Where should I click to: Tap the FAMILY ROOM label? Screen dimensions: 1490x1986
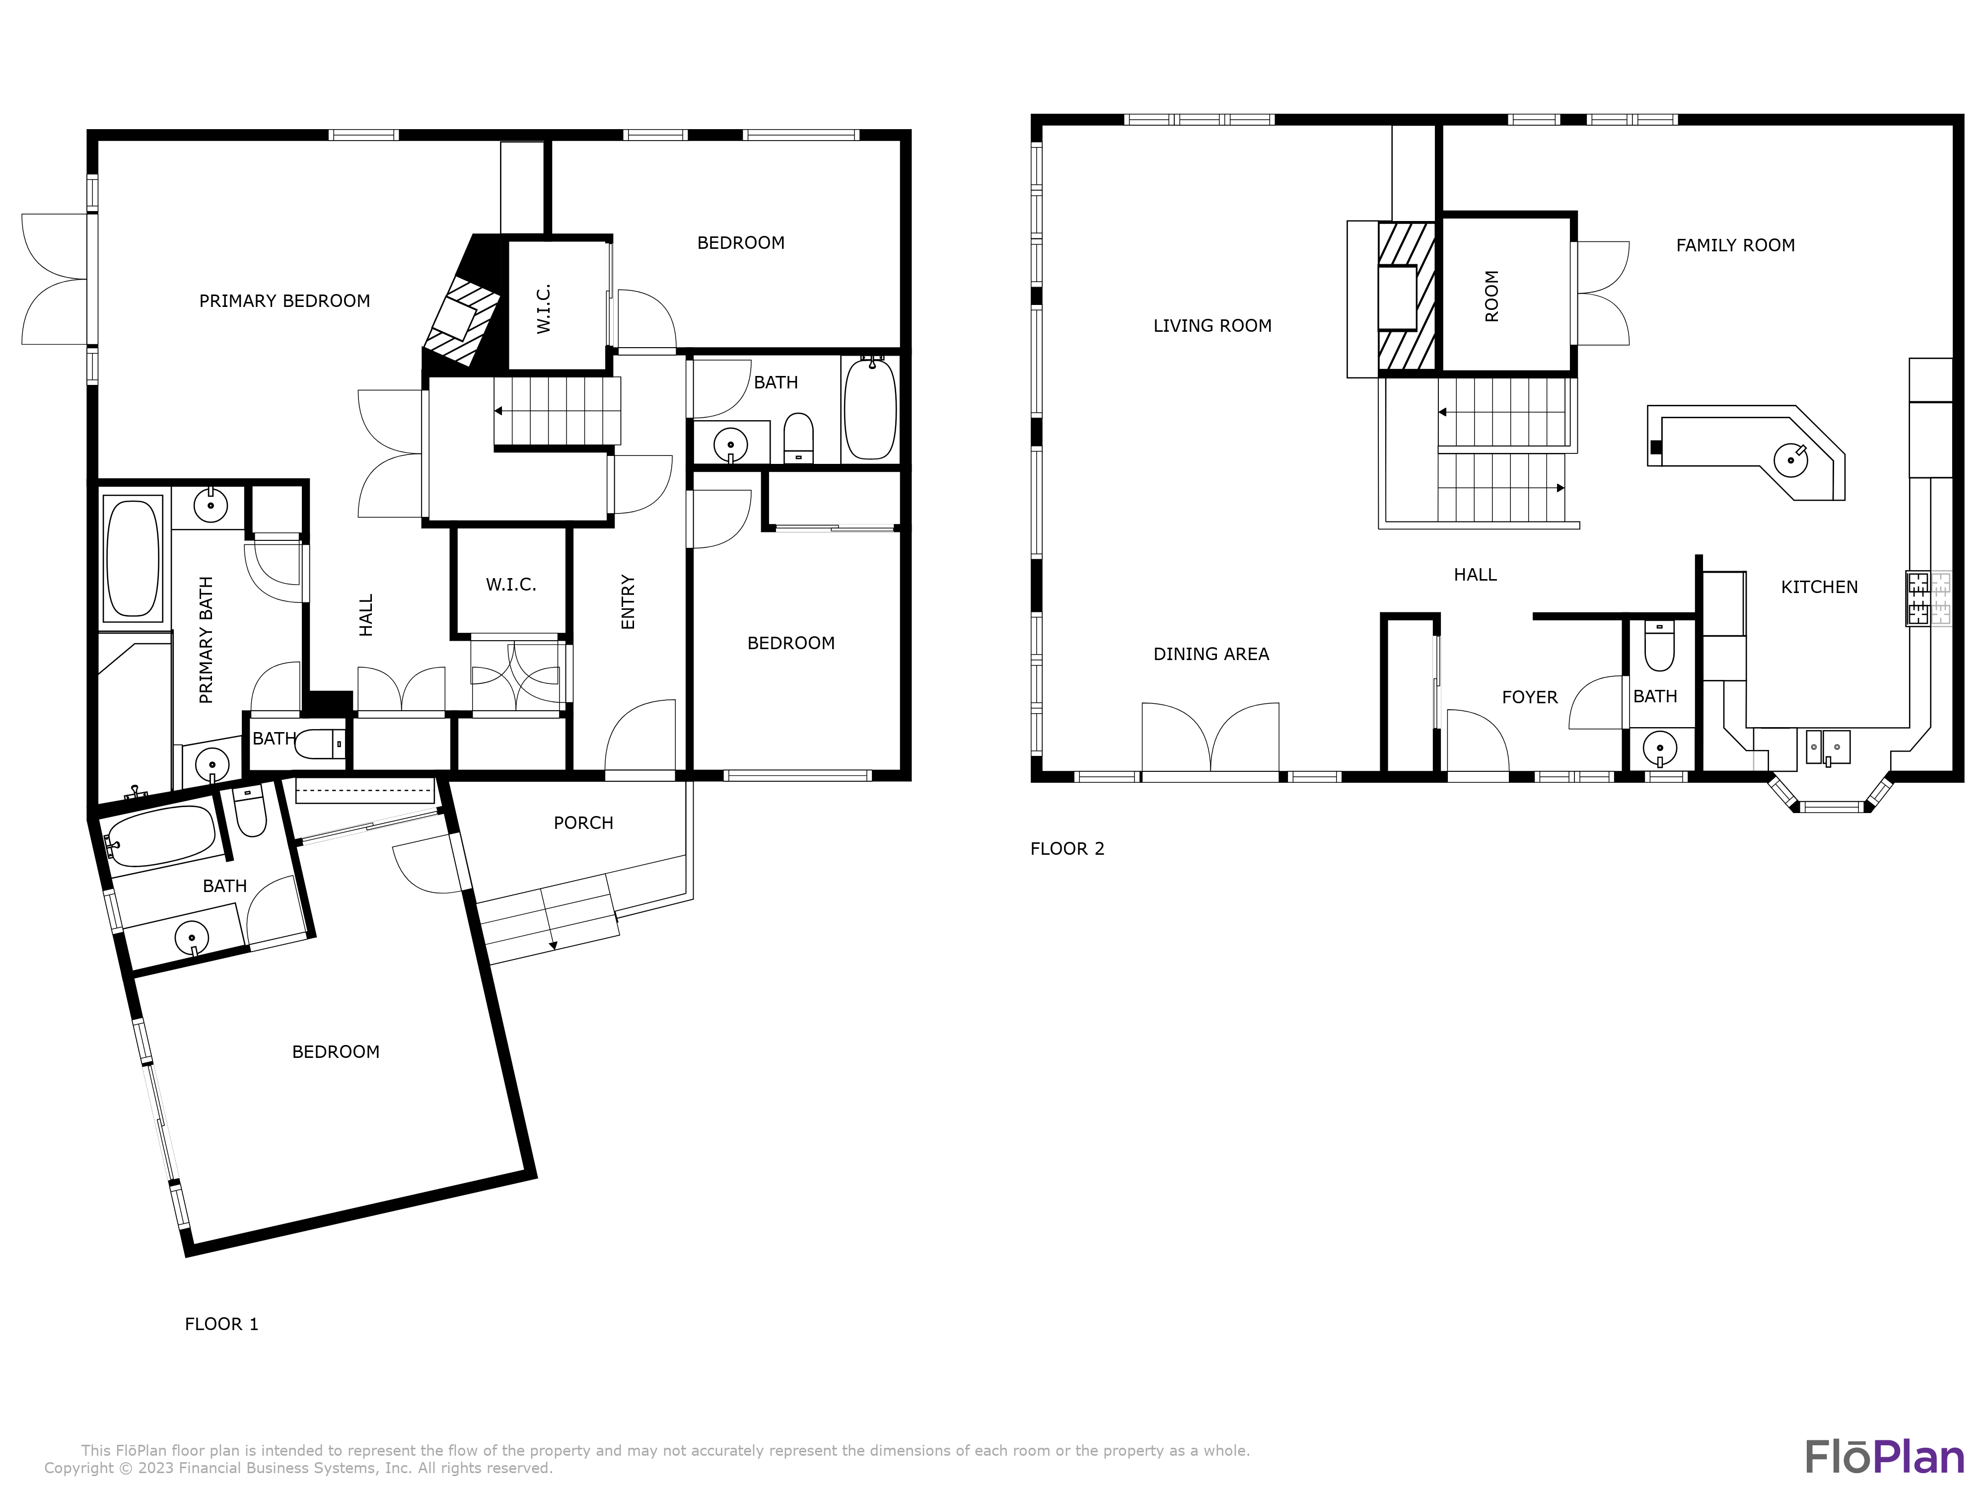coord(1735,245)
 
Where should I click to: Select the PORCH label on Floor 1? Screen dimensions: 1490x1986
coord(583,822)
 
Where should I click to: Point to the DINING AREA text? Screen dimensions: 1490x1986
coord(1210,654)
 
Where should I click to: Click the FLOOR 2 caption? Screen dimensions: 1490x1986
coord(1066,849)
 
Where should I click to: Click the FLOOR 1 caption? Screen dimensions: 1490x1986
coord(221,1324)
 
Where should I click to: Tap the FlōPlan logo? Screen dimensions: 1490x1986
coord(1884,1457)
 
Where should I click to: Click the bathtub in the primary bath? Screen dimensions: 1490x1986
coord(133,559)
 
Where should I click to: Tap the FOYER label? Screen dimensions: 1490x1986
coord(1529,697)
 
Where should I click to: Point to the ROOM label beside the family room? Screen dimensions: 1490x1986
coord(1491,297)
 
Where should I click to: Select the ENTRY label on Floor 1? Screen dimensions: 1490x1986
coord(628,602)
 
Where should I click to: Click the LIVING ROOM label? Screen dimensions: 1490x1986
coord(1212,326)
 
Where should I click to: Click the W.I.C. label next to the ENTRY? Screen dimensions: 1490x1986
coord(511,585)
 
